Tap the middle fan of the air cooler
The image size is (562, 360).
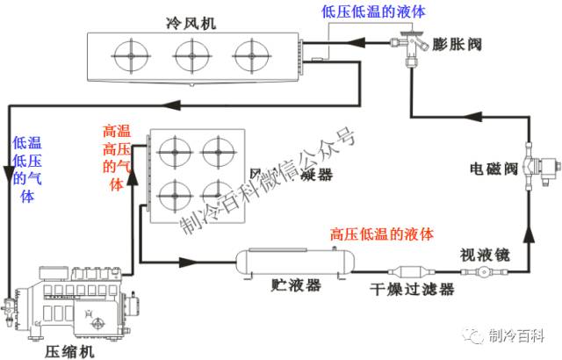point(191,57)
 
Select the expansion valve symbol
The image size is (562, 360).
point(410,42)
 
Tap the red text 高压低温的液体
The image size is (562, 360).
point(382,234)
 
